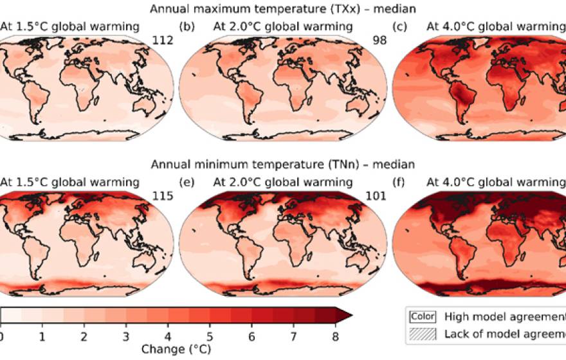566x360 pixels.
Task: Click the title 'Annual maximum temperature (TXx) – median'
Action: coord(283,8)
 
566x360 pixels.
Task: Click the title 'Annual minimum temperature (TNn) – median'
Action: coord(283,164)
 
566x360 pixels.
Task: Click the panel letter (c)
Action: coord(403,26)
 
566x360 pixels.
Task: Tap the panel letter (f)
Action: coord(403,182)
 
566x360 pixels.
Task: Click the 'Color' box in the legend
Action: coord(422,316)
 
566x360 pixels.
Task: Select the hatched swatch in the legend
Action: coord(422,333)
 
